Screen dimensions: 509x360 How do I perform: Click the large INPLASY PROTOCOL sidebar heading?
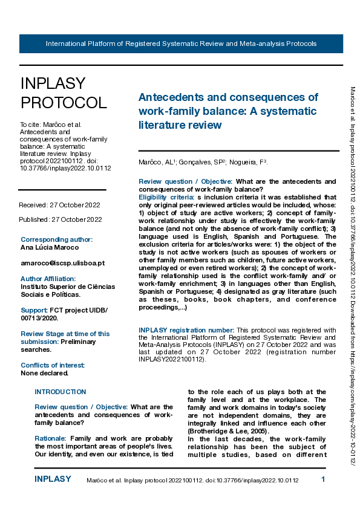pos(63,92)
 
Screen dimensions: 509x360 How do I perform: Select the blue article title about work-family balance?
pos(228,111)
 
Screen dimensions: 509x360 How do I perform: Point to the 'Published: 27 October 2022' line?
pos(59,219)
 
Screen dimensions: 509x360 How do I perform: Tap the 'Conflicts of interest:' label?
pos(53,365)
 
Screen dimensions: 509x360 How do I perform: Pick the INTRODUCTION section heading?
pos(61,392)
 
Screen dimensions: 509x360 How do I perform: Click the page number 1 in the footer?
pos(323,479)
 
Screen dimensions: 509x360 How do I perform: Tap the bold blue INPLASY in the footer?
pos(53,479)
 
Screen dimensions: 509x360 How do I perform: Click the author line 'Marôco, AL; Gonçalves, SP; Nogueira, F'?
pos(203,162)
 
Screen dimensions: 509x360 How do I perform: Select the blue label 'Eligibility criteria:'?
pos(166,197)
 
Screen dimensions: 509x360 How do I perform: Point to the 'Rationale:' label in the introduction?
pos(50,438)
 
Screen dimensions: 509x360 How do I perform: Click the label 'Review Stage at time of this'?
pos(65,334)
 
